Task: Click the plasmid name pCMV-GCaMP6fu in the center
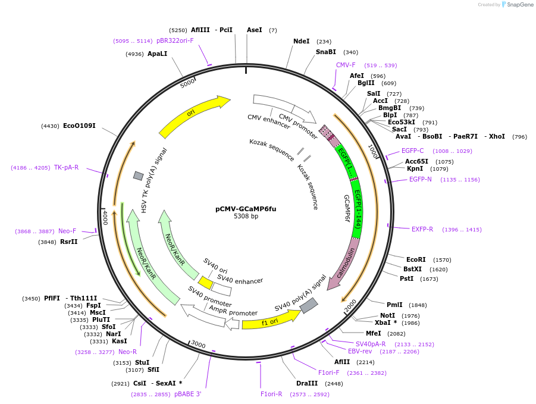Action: pos(246,209)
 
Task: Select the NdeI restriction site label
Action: pos(302,41)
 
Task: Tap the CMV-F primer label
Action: pos(346,65)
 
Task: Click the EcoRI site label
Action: pos(416,259)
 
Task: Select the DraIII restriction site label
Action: pos(307,383)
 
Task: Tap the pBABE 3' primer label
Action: pos(187,394)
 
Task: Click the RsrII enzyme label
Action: pos(69,242)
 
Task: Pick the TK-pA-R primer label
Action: pos(66,167)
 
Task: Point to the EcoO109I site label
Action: pos(79,126)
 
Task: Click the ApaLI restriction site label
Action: pos(157,54)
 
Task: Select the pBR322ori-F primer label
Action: pos(175,40)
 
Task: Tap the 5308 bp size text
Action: pos(246,217)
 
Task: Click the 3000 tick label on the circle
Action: pos(198,345)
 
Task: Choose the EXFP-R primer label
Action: pos(422,229)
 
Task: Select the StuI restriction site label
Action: pos(142,362)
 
